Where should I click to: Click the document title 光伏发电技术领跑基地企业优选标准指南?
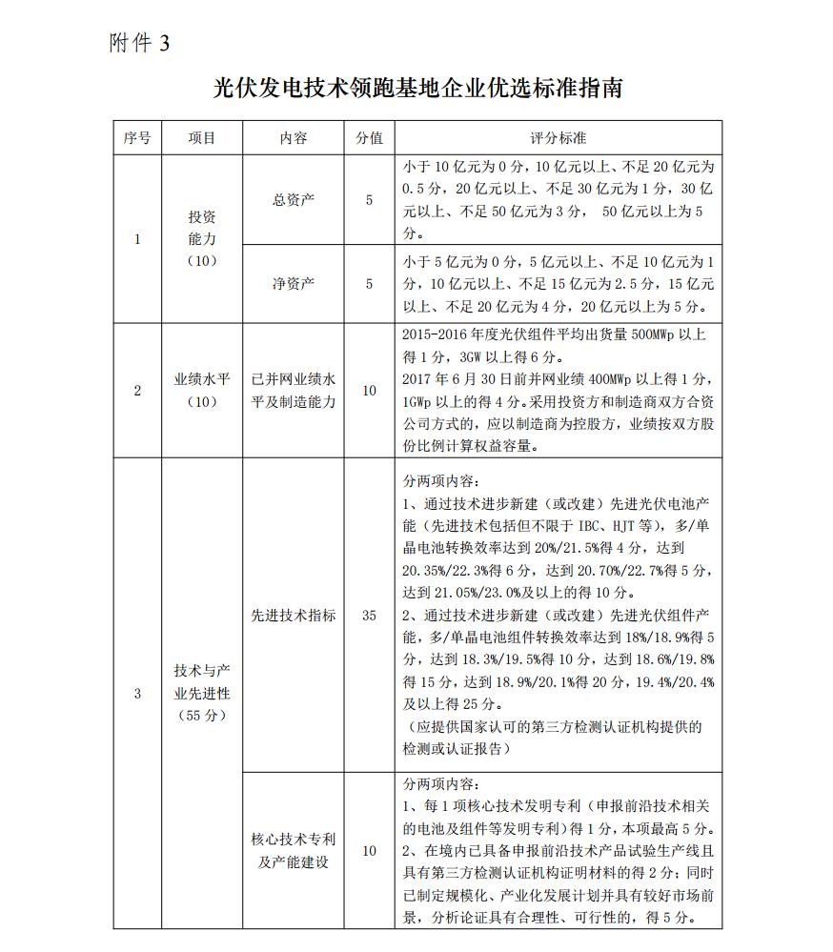click(x=417, y=89)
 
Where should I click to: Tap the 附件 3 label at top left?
click(x=139, y=45)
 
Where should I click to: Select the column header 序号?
click(x=136, y=137)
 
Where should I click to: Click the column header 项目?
click(x=201, y=137)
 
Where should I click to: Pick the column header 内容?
click(x=293, y=137)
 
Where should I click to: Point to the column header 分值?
click(x=369, y=137)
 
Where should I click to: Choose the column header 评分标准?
click(x=558, y=137)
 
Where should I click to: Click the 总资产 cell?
click(x=293, y=199)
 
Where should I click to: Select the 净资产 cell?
click(x=293, y=283)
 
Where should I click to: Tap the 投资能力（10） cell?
click(x=201, y=239)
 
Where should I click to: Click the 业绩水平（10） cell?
click(x=201, y=390)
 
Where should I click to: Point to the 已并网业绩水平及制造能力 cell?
click(x=293, y=390)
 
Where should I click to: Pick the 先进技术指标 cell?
click(x=293, y=616)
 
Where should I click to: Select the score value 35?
click(x=369, y=616)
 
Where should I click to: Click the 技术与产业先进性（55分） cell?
click(x=201, y=693)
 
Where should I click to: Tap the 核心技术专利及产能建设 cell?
click(x=293, y=851)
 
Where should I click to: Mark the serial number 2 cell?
click(x=136, y=390)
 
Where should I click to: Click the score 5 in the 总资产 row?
click(x=369, y=199)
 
